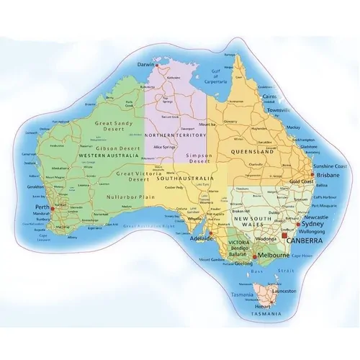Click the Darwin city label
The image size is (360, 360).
coord(147,63)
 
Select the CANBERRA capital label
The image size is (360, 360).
coord(305,241)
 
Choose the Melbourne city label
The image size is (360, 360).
coord(274,256)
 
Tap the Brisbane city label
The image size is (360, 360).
coord(328,174)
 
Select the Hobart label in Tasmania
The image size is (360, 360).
coord(262,305)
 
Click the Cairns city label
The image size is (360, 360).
coord(269,96)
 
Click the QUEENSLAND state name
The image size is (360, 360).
coord(252,153)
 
